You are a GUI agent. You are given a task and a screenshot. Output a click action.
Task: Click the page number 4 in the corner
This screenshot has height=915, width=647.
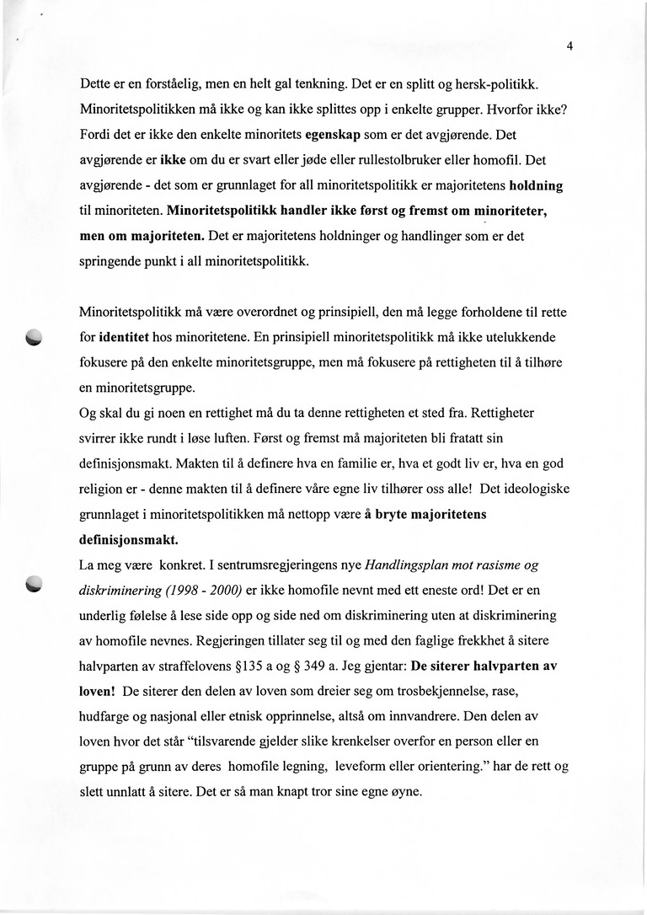click(x=569, y=46)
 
